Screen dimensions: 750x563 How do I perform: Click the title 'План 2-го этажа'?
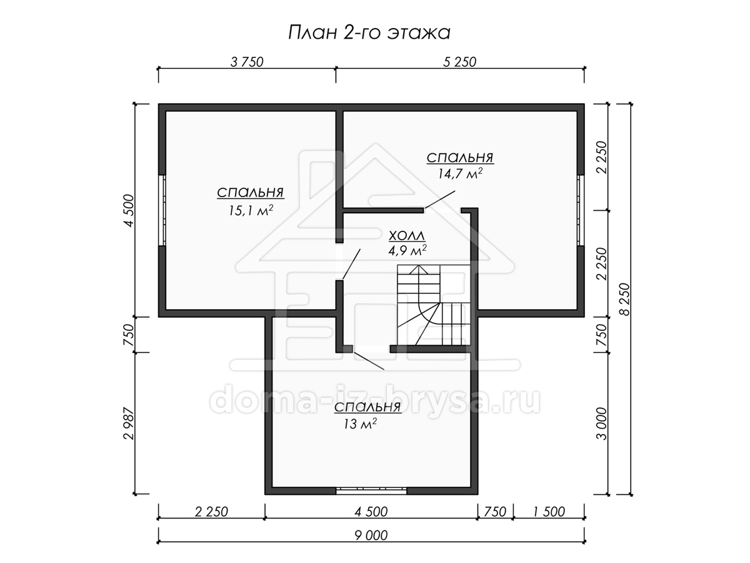pos(369,33)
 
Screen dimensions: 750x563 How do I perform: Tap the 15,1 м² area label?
pos(251,210)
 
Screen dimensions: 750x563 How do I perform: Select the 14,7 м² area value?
pos(460,173)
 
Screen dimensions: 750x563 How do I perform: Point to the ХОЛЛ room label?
pos(407,236)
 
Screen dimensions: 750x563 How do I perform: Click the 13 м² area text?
pos(360,424)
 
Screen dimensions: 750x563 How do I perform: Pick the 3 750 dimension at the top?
pos(247,62)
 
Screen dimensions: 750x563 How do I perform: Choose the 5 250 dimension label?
pos(459,62)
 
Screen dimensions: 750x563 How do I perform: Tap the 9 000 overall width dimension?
pos(371,535)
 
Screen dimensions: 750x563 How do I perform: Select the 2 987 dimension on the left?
pos(129,424)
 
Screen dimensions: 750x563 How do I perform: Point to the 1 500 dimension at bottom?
pos(549,512)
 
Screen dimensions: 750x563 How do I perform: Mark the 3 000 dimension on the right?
pos(602,424)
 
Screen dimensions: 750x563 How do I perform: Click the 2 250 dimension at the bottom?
pos(211,512)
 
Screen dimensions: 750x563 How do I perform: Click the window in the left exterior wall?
pos(162,210)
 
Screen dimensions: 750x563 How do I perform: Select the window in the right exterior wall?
pos(581,210)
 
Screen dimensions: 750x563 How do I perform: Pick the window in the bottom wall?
pos(371,491)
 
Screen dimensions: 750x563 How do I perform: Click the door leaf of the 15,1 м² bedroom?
pos(351,264)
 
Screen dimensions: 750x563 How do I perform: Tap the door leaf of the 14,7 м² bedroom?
pos(440,200)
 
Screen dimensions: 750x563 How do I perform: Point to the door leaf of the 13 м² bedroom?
pos(369,361)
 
